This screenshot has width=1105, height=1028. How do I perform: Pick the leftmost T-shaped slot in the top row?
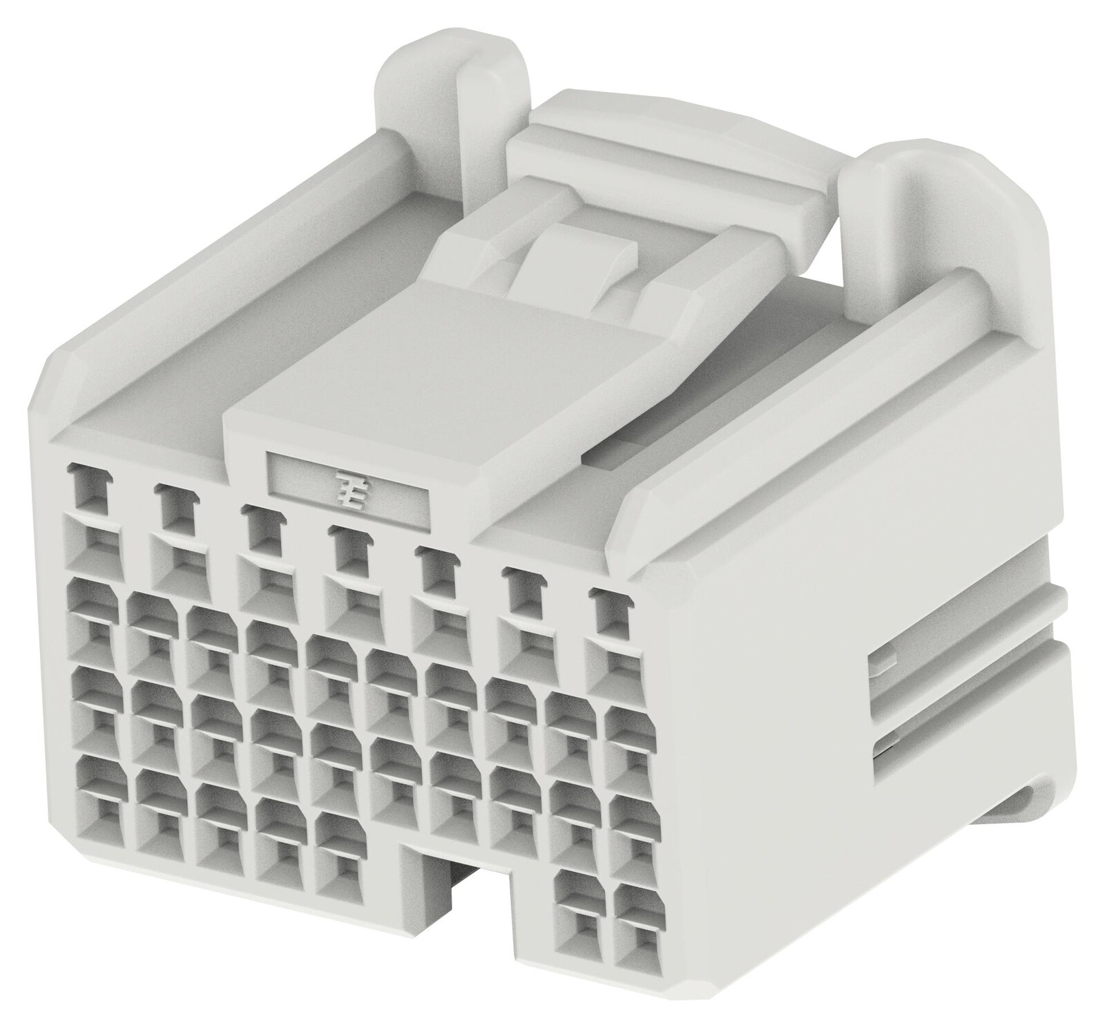coord(86,487)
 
